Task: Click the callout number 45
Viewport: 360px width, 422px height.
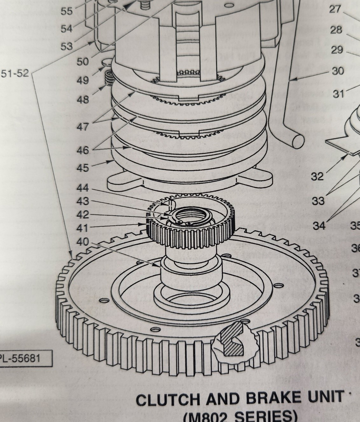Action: pos(83,168)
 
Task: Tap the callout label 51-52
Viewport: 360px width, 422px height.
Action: pos(15,74)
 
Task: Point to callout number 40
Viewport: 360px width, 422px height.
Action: pos(83,242)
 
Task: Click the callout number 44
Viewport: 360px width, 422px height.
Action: pos(83,188)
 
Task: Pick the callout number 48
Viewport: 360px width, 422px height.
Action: pos(83,100)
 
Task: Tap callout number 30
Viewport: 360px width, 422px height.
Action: pos(338,71)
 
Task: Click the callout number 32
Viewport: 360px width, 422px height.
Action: pos(317,176)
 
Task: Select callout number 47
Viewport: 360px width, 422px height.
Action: pos(83,127)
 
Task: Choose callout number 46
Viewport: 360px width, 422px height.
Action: pos(83,150)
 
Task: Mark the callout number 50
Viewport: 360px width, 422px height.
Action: pos(83,61)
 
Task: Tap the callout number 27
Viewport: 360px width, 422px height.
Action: pos(335,9)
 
